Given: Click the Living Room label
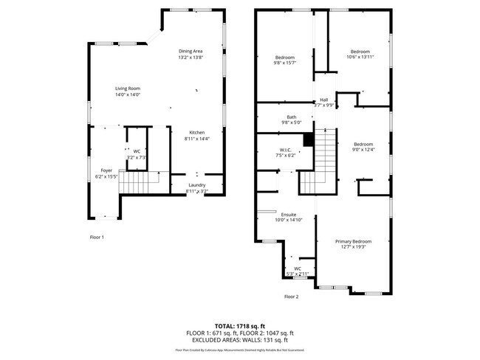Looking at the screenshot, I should [128, 89].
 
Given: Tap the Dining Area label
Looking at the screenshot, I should [191, 51].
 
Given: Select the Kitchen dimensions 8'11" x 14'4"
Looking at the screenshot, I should [197, 139].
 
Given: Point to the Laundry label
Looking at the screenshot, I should [196, 185].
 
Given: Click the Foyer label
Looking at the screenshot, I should [107, 170].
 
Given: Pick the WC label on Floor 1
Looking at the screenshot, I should [137, 151].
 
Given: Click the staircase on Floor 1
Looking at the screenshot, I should [139, 181].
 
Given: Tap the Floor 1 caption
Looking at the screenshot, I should [97, 238].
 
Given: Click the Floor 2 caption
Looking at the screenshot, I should [291, 297].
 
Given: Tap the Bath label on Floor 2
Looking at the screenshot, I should [292, 117].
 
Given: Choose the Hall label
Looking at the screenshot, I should [323, 100].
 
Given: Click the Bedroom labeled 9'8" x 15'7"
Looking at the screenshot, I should [285, 58].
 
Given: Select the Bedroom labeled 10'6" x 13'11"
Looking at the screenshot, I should [360, 51].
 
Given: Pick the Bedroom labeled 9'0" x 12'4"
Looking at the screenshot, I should [363, 144].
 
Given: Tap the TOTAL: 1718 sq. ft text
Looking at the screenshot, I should [240, 325].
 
